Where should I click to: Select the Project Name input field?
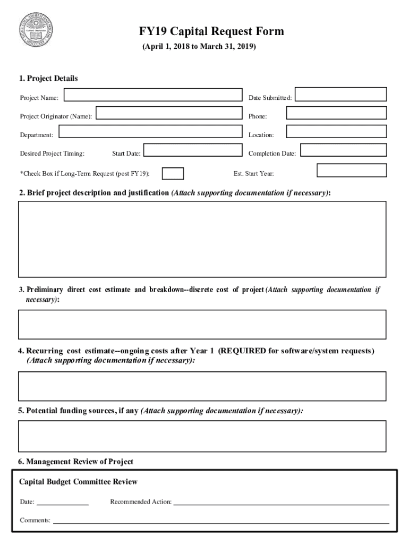[x=152, y=95]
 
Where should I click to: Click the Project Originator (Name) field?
[x=168, y=113]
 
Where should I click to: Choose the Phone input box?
[x=336, y=113]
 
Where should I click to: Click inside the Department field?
[x=150, y=132]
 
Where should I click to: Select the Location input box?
[x=336, y=132]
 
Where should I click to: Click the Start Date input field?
[x=193, y=150]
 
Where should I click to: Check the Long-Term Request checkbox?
[x=173, y=174]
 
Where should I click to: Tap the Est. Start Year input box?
[x=352, y=170]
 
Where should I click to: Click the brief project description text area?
[x=202, y=239]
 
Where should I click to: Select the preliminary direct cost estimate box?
[x=202, y=324]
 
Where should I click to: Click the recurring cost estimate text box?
[x=202, y=386]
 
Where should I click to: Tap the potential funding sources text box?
[x=202, y=436]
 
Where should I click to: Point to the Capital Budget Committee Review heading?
[x=78, y=482]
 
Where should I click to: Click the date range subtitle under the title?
[x=199, y=47]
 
